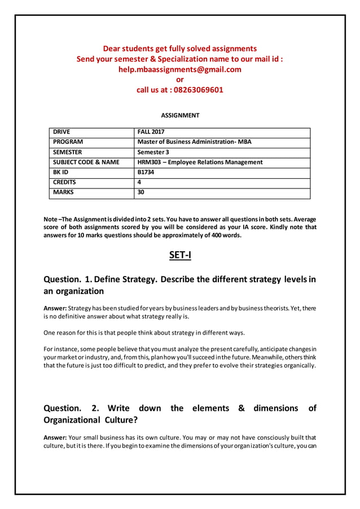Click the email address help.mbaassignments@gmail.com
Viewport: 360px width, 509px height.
(179, 69)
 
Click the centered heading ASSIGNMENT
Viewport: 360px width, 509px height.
(180, 115)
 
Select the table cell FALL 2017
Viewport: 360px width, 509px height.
(150, 132)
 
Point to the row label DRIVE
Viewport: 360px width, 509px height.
(62, 132)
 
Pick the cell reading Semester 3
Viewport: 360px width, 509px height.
(153, 152)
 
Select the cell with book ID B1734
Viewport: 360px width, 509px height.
(146, 173)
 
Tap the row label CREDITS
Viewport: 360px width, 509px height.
(64, 183)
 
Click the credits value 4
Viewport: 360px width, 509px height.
(139, 183)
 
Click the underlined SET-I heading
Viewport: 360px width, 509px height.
(180, 256)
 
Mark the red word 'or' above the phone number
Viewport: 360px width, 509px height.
(180, 80)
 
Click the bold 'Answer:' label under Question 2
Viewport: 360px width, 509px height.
(55, 437)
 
